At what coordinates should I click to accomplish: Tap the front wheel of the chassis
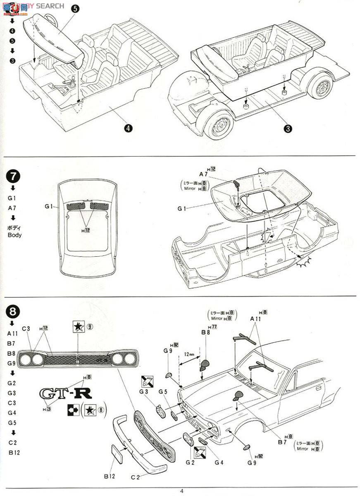point(219,124)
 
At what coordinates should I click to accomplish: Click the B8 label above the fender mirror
point(206,332)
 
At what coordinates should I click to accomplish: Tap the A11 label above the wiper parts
point(255,319)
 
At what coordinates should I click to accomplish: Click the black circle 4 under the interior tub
point(129,128)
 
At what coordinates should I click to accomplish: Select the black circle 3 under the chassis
point(288,129)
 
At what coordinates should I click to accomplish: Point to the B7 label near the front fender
point(282,442)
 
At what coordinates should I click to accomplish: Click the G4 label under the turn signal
point(219,462)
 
